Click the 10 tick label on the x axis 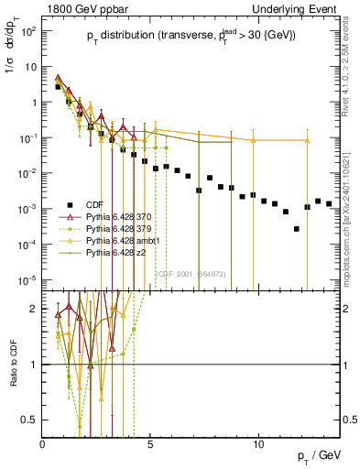tap(259, 444)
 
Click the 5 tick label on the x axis tap(151, 444)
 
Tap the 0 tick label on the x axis tap(43, 444)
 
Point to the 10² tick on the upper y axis tap(29, 30)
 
